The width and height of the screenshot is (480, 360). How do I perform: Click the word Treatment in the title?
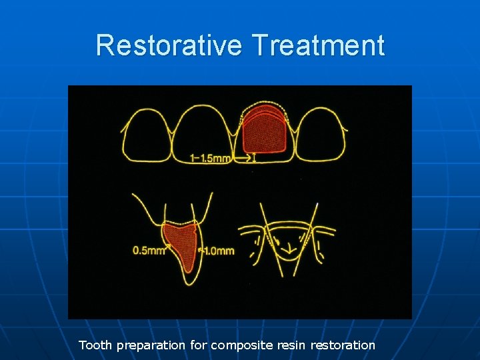pyautogui.click(x=319, y=45)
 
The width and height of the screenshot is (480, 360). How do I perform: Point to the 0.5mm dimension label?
pyautogui.click(x=148, y=251)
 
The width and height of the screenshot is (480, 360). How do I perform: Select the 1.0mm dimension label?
pyautogui.click(x=220, y=251)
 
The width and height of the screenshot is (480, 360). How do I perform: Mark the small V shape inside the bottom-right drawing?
pyautogui.click(x=288, y=251)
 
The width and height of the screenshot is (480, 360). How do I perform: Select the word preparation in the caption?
pyautogui.click(x=151, y=345)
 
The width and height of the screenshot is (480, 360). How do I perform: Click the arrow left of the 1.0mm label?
pyautogui.click(x=200, y=251)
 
